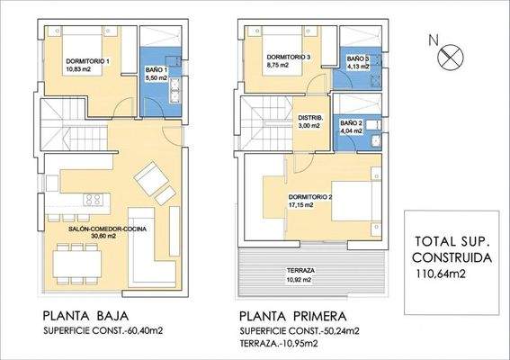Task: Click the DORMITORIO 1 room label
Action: (87, 61)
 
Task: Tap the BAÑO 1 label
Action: (157, 69)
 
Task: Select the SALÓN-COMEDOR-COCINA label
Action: (107, 229)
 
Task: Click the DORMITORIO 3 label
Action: (289, 57)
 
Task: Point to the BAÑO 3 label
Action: (358, 58)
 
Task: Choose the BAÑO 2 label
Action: (352, 123)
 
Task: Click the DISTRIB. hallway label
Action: (310, 118)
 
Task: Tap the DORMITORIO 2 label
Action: (310, 197)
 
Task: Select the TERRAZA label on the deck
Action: (300, 271)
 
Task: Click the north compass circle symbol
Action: (451, 57)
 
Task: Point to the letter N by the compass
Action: (434, 40)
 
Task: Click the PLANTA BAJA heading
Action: (85, 316)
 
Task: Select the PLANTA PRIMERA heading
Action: (293, 316)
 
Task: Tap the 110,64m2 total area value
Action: (441, 274)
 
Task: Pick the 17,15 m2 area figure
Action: (300, 205)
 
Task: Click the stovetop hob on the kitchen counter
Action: (94, 200)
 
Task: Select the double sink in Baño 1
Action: (175, 91)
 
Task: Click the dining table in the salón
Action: (77, 264)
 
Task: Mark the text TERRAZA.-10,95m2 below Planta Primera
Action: (279, 343)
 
